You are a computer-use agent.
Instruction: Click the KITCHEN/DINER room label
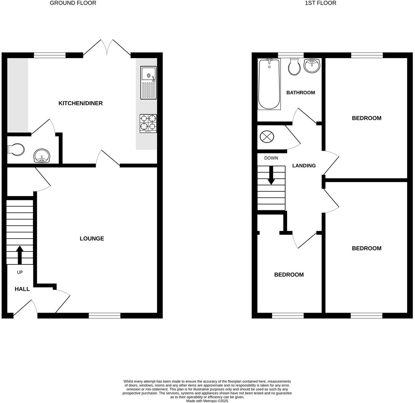pyautogui.click(x=80, y=103)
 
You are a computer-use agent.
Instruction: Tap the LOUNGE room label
pyautogui.click(x=92, y=239)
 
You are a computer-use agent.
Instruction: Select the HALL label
pyautogui.click(x=22, y=289)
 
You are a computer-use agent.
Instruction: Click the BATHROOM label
pyautogui.click(x=300, y=93)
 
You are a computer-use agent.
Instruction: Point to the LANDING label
pyautogui.click(x=304, y=166)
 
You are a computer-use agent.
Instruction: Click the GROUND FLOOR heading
pyautogui.click(x=73, y=3)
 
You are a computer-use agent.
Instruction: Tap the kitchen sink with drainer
pyautogui.click(x=148, y=82)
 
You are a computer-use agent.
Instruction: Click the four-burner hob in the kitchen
pyautogui.click(x=148, y=123)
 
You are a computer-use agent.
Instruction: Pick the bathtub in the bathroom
pyautogui.click(x=269, y=84)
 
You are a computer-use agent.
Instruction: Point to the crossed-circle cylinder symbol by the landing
pyautogui.click(x=266, y=137)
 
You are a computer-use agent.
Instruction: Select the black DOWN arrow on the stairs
pyautogui.click(x=271, y=175)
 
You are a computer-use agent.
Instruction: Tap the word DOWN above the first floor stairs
pyautogui.click(x=271, y=158)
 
